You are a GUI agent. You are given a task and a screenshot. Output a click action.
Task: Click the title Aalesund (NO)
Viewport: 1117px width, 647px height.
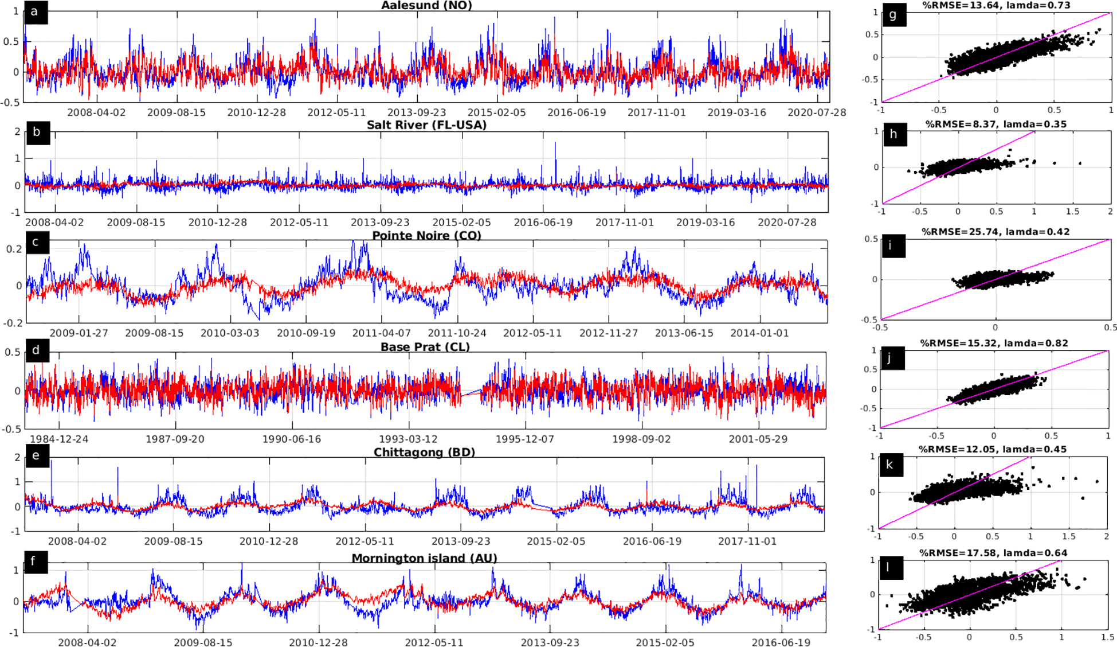(426, 5)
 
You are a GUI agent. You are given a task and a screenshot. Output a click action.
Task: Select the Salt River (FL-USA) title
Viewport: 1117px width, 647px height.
(426, 125)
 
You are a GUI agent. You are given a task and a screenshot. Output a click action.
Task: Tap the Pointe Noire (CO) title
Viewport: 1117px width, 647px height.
(426, 236)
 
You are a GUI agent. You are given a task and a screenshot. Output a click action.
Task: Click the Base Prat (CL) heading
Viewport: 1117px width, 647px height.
(425, 347)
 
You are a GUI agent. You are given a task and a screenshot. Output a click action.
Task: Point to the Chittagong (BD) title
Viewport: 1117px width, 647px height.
(424, 452)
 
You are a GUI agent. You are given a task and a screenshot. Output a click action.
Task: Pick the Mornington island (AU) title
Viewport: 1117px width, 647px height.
(424, 558)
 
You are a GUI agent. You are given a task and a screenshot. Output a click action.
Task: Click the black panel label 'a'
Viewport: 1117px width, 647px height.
(36, 12)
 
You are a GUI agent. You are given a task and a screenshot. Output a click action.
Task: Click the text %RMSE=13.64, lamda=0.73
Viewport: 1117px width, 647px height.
(995, 5)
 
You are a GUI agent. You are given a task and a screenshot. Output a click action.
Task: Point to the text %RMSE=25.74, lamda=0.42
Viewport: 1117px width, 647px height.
(995, 232)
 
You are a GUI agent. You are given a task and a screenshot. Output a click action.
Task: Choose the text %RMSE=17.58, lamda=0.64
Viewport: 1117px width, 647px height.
(993, 553)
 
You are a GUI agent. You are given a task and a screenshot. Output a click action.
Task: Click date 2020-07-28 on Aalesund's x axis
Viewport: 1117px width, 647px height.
(816, 112)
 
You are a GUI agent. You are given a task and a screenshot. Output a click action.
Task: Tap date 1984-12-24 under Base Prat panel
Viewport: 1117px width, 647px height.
(59, 439)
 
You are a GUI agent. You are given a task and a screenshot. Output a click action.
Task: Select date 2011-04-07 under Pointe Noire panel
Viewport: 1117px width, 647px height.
(381, 333)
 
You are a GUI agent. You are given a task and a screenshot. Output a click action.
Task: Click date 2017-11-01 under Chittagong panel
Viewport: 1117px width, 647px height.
(747, 541)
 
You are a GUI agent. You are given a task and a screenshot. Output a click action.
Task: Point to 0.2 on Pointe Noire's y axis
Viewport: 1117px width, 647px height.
(14, 249)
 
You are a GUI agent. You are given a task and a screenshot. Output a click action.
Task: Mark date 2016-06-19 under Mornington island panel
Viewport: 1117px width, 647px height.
(781, 642)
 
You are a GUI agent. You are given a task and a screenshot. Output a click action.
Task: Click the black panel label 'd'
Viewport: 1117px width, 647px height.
(37, 350)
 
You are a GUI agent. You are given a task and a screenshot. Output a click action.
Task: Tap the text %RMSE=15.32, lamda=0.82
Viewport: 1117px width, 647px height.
(994, 343)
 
